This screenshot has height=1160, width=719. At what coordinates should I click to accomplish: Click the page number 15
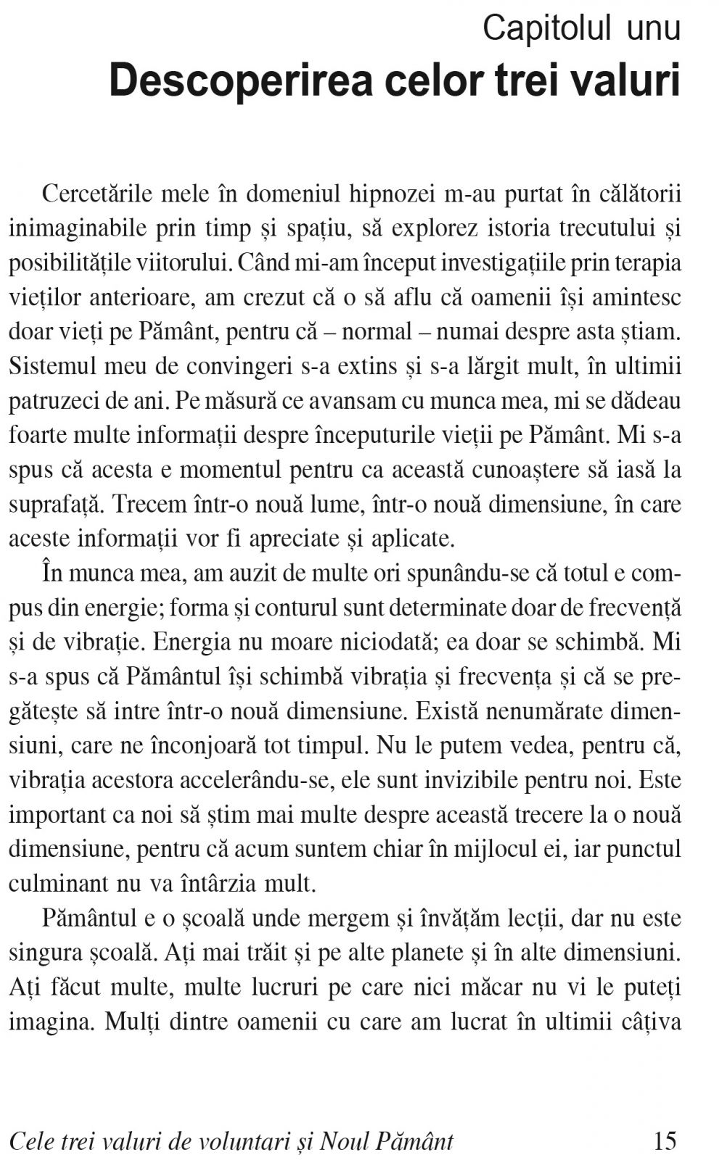pyautogui.click(x=665, y=1141)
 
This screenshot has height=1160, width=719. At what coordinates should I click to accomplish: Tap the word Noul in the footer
pyautogui.click(x=345, y=1142)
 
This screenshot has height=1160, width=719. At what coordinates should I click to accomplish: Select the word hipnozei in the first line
pyautogui.click(x=393, y=194)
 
